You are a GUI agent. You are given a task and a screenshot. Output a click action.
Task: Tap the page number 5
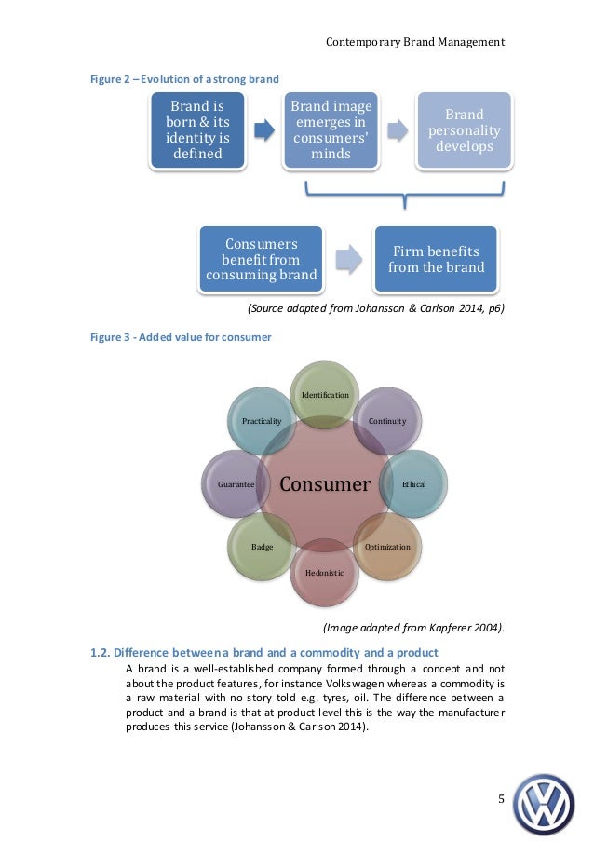[501, 798]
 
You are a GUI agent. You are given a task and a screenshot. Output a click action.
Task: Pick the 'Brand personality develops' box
[463, 130]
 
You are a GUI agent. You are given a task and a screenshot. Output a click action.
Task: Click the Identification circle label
[325, 395]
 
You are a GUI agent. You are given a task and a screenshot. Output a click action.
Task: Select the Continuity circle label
[387, 421]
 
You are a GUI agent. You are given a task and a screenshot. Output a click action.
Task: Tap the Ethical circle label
[413, 484]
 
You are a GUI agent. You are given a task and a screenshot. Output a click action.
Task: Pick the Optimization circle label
[387, 547]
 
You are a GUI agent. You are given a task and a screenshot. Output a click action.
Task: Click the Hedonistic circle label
[325, 572]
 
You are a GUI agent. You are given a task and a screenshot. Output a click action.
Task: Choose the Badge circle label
[262, 547]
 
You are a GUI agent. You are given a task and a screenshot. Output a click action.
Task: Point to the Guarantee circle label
[236, 484]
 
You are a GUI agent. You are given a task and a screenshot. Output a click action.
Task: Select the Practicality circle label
[262, 421]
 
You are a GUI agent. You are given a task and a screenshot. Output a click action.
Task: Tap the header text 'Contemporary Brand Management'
[415, 42]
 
